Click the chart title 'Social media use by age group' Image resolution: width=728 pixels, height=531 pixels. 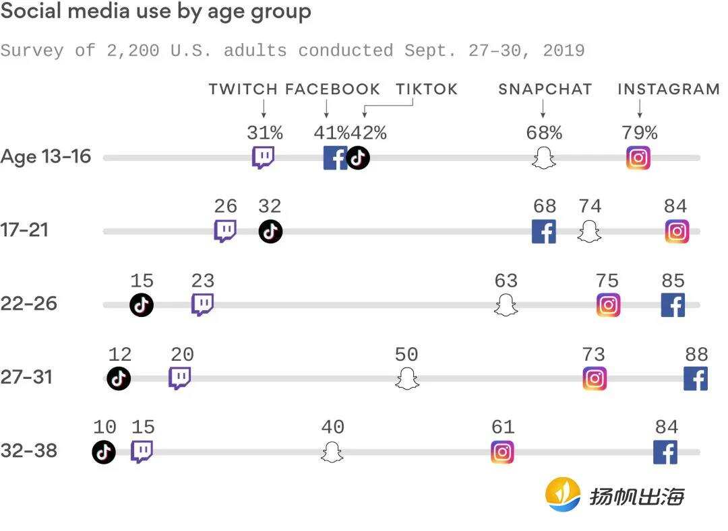[156, 12]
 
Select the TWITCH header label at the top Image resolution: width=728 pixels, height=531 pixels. [243, 90]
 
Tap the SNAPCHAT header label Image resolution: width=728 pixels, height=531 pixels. [545, 90]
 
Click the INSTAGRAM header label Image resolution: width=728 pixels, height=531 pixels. [668, 90]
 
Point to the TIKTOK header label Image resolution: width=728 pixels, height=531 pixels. [426, 90]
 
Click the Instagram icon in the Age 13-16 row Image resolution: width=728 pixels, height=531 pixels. [638, 158]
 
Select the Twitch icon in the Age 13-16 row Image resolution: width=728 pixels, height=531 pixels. [263, 158]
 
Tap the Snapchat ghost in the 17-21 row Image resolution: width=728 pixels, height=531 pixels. [589, 232]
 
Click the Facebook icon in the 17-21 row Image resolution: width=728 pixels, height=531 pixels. [544, 232]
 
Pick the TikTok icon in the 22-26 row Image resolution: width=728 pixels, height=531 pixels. [142, 305]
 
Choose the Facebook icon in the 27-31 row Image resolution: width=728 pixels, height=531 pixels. [695, 378]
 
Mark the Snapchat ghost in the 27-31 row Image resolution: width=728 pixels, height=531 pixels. [406, 378]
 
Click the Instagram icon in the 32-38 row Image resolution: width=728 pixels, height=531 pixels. [502, 452]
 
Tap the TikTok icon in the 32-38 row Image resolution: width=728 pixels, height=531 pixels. [104, 452]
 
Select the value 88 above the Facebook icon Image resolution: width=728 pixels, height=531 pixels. [696, 354]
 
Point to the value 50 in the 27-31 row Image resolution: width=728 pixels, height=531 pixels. [406, 354]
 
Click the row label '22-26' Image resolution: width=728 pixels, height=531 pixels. [29, 304]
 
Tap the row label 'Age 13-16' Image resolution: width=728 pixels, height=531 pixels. [45, 157]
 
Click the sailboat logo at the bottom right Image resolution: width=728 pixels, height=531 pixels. [563, 495]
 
